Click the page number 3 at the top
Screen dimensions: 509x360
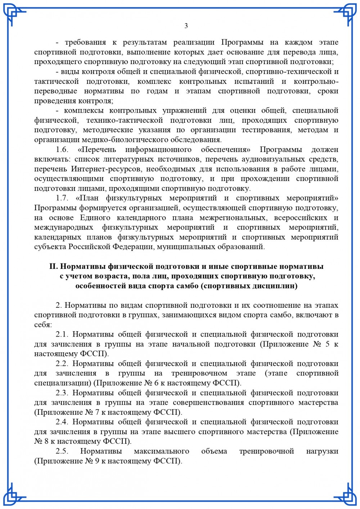(x=186, y=26)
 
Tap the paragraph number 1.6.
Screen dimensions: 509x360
(x=62, y=149)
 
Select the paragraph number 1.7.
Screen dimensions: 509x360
(x=62, y=198)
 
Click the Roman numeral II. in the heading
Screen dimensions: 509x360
(x=53, y=267)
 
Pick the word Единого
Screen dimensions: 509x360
(x=95, y=217)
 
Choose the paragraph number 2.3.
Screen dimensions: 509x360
(x=62, y=393)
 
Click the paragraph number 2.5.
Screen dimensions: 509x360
(x=62, y=451)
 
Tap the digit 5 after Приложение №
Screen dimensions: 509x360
(x=327, y=344)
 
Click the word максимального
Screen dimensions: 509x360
(x=162, y=451)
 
